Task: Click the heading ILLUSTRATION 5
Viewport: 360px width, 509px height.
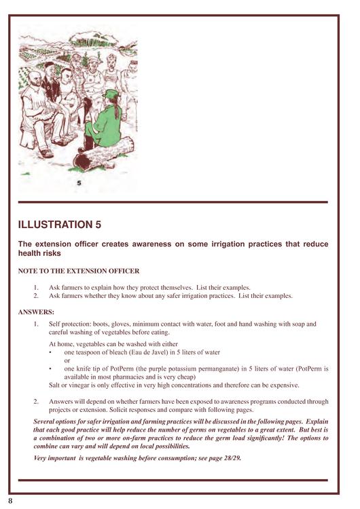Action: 60,225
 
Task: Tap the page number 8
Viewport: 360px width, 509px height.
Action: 10,501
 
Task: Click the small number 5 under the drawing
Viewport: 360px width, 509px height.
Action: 79,183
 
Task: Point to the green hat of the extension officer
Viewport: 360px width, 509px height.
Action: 111,94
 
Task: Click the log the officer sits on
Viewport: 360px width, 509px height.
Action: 103,154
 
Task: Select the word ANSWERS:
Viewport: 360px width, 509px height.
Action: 36,312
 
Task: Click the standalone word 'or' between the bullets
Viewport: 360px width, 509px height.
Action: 67,360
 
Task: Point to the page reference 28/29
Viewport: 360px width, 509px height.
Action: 232,458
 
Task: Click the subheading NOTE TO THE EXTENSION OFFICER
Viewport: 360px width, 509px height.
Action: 79,271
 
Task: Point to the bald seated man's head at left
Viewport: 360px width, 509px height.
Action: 33,79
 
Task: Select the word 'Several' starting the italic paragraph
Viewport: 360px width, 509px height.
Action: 43,421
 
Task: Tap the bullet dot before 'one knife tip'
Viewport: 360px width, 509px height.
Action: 50,369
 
